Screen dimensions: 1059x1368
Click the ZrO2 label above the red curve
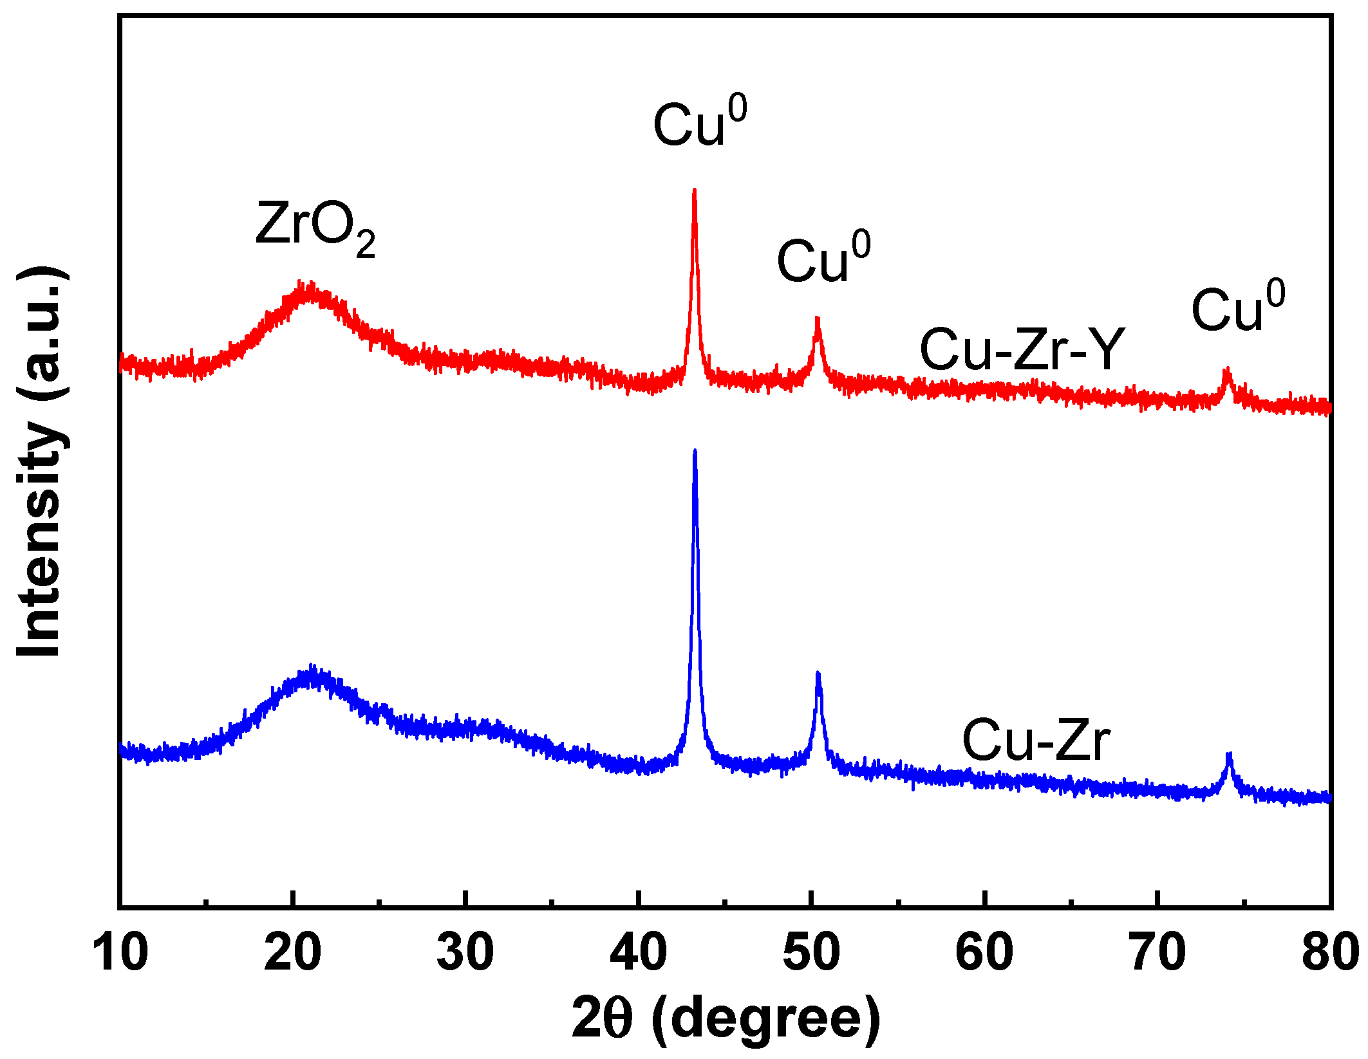click(x=315, y=228)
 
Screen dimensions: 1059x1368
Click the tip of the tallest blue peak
click(x=694, y=452)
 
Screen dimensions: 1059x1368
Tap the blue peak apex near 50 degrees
click(x=818, y=674)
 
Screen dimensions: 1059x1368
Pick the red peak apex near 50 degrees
click(x=817, y=318)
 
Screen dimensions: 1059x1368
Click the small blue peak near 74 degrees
click(x=1229, y=754)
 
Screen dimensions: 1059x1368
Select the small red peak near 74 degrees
click(x=1227, y=371)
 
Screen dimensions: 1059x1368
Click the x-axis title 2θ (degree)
click(x=726, y=1018)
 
